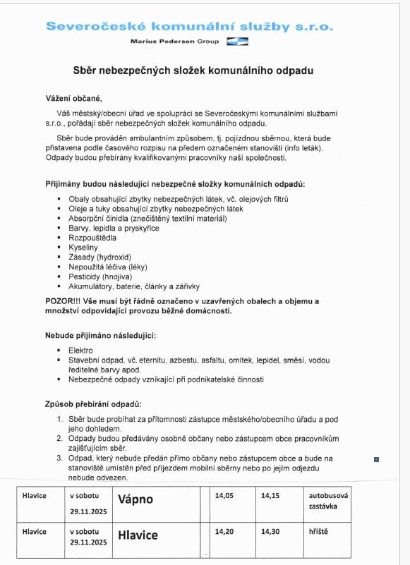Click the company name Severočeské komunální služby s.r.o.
point(190,27)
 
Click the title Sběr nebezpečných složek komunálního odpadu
point(193,71)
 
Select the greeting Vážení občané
point(74,98)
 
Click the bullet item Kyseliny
point(83,248)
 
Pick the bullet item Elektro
point(80,351)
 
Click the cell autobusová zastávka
point(328,501)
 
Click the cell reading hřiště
point(319,532)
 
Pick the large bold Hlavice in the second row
point(138,536)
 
